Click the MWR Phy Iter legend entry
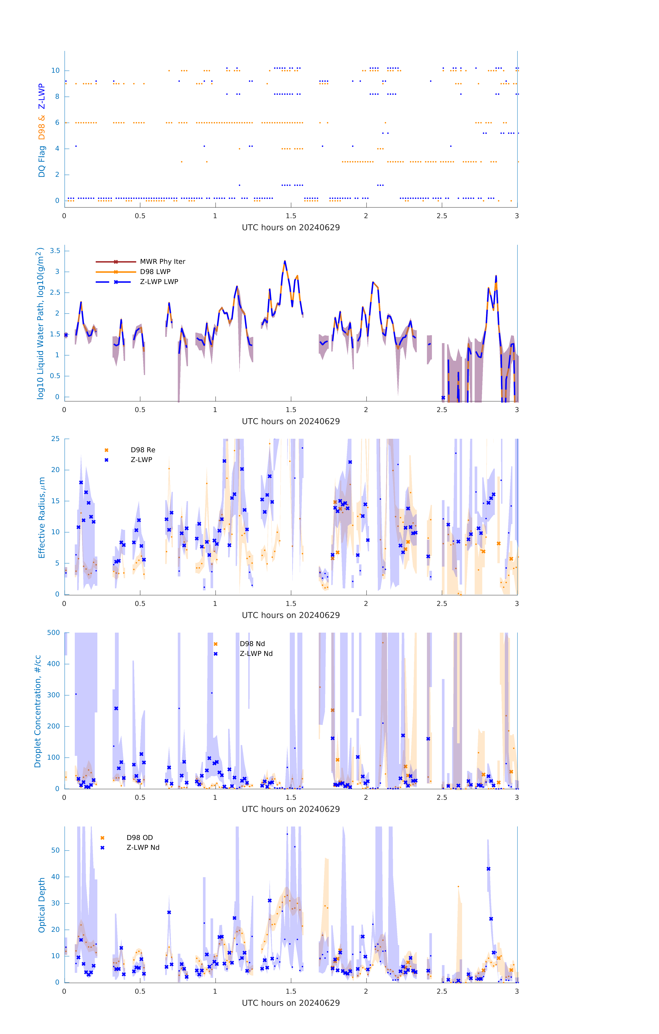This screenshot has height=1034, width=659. [x=162, y=261]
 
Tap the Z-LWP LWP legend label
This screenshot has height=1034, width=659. [x=159, y=282]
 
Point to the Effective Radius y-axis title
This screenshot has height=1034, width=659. [x=42, y=517]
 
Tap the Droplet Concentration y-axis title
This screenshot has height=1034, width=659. [x=38, y=712]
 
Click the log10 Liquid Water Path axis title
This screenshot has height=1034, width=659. [x=40, y=323]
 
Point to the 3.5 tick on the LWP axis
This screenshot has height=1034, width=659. [x=55, y=251]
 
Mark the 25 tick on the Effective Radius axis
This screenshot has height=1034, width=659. [x=55, y=439]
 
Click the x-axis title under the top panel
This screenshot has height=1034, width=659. [x=291, y=228]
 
